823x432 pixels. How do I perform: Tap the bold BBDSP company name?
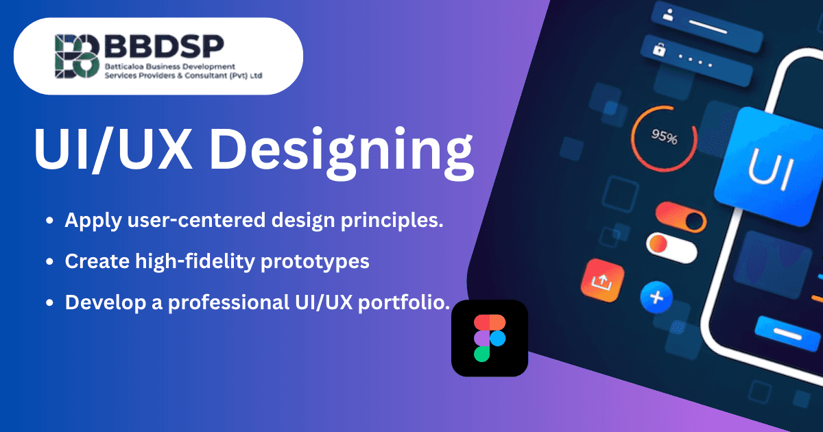click(x=156, y=48)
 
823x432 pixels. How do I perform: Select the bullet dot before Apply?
click(x=49, y=221)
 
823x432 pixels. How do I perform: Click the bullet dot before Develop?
click(x=49, y=302)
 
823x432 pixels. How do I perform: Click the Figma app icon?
click(x=489, y=338)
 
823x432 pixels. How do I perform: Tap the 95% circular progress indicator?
click(x=664, y=138)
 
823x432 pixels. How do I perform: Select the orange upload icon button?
click(x=601, y=279)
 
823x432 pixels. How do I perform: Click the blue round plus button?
click(x=656, y=297)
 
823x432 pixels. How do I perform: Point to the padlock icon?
click(x=660, y=49)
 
